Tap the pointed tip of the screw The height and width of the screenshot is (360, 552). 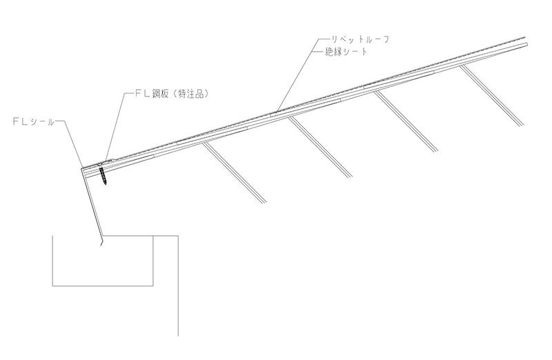(x=105, y=183)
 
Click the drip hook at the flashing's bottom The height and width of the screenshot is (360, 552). (x=100, y=241)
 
